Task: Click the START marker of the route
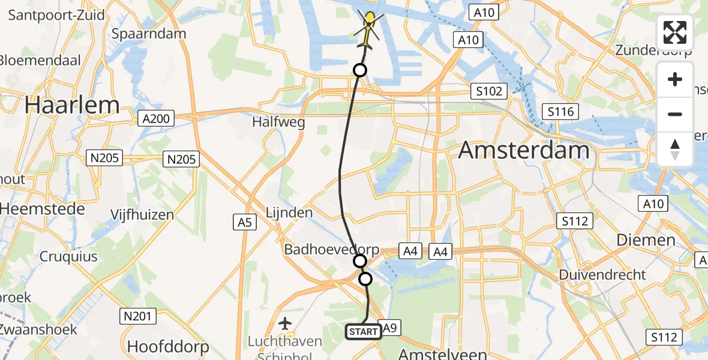click(x=364, y=332)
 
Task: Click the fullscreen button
click(x=675, y=32)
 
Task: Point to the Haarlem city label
click(x=72, y=106)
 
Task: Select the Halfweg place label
click(x=278, y=122)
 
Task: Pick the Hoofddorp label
click(x=168, y=347)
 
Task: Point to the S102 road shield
click(x=488, y=91)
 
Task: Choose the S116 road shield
click(x=560, y=111)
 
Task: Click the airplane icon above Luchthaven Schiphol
click(x=286, y=324)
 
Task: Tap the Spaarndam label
click(x=148, y=34)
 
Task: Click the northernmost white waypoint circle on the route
click(x=359, y=70)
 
